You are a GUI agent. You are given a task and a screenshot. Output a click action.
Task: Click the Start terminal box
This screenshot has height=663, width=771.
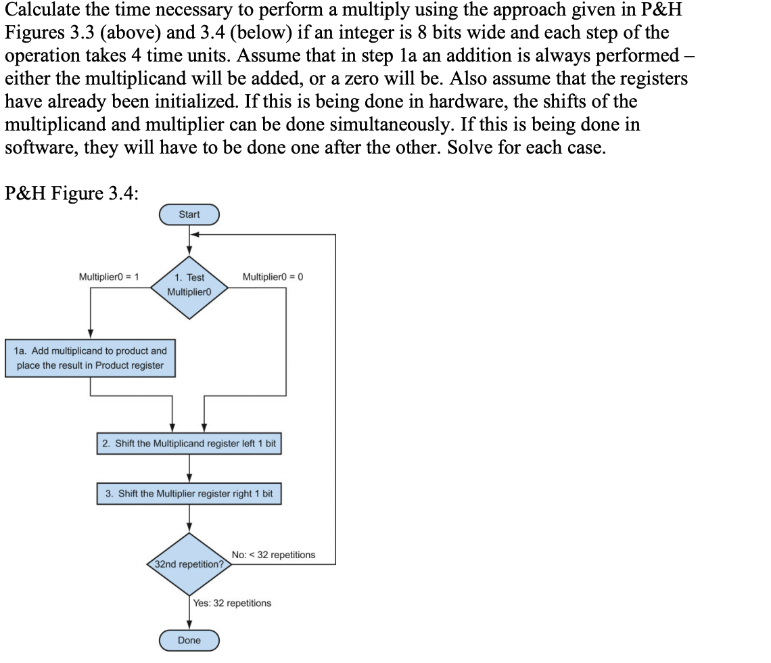pos(189,214)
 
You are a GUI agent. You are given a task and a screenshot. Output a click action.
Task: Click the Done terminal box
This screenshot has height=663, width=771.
pos(189,640)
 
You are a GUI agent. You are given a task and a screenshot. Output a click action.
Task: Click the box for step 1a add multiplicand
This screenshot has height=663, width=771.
pos(91,358)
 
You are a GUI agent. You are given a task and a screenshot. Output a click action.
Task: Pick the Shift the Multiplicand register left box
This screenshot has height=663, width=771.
pos(189,444)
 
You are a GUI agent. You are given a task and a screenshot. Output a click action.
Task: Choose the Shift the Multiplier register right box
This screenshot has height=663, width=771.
pos(189,493)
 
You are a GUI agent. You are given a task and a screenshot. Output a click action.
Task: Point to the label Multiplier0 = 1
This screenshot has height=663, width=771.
pos(109,277)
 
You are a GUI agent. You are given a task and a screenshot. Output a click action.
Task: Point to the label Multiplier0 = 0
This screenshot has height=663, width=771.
pos(273,277)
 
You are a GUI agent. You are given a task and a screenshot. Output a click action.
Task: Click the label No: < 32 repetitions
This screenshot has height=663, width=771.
pos(273,555)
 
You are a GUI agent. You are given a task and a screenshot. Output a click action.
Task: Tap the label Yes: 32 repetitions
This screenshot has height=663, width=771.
pos(232,603)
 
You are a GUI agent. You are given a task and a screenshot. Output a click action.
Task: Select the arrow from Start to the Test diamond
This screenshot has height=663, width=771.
pos(189,240)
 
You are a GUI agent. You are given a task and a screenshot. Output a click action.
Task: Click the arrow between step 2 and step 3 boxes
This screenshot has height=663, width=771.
pos(189,469)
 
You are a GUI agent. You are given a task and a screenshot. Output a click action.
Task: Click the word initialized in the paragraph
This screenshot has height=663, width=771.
pos(212,101)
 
